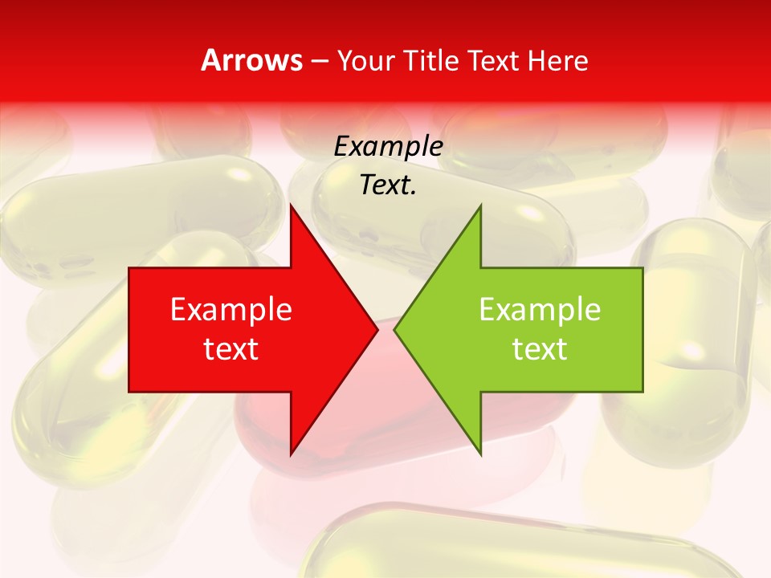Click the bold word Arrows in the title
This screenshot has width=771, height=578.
click(x=252, y=60)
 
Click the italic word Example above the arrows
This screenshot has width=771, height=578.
click(x=389, y=147)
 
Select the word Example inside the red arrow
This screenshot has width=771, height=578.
click(x=231, y=310)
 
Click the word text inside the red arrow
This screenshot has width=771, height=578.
click(x=231, y=349)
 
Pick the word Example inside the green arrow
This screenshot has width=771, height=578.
click(x=540, y=310)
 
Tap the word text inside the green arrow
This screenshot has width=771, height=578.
click(x=540, y=349)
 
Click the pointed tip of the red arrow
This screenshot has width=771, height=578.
click(x=377, y=330)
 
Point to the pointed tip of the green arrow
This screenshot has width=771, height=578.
click(x=394, y=330)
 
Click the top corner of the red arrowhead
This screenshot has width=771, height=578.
click(x=291, y=206)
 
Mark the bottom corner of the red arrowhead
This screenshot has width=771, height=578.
click(x=291, y=455)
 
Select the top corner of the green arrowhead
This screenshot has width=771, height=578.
click(x=480, y=206)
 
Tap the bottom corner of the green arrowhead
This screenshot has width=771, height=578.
click(x=480, y=455)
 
